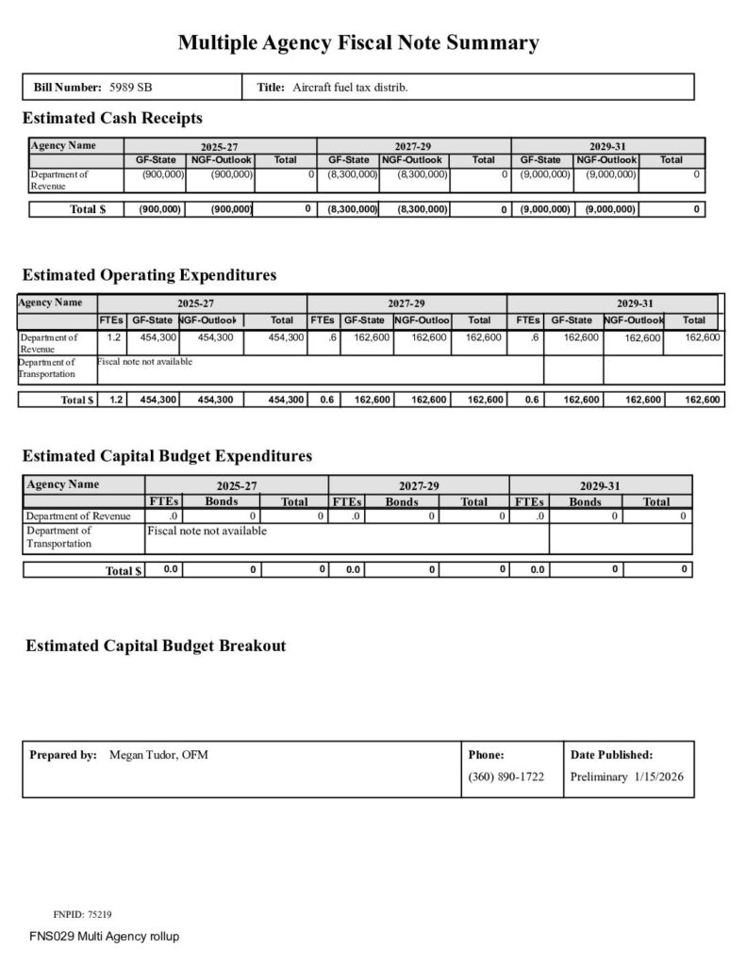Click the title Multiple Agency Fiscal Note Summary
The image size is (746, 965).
pos(358,42)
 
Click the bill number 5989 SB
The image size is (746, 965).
pos(131,88)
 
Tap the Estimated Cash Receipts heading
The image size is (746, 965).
pos(112,119)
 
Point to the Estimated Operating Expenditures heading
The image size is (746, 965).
pos(149,275)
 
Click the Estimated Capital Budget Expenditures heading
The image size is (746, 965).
pos(167,456)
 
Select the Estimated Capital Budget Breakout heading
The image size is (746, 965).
pos(156,646)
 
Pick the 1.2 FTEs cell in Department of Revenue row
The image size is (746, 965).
pos(114,337)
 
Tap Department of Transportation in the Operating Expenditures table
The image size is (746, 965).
pos(47,368)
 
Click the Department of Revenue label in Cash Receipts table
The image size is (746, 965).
pos(58,180)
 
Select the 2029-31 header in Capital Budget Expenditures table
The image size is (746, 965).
pos(600,486)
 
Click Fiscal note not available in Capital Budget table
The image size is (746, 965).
pos(207,532)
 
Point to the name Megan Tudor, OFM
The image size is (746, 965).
pos(158,755)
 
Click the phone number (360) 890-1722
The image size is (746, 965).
pos(506,777)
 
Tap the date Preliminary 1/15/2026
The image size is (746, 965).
pos(626,777)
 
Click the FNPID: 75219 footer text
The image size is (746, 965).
pos(82,914)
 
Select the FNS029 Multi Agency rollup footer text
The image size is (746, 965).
pos(104,937)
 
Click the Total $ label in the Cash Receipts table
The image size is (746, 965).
pos(87,209)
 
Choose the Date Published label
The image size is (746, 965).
pos(611,755)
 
